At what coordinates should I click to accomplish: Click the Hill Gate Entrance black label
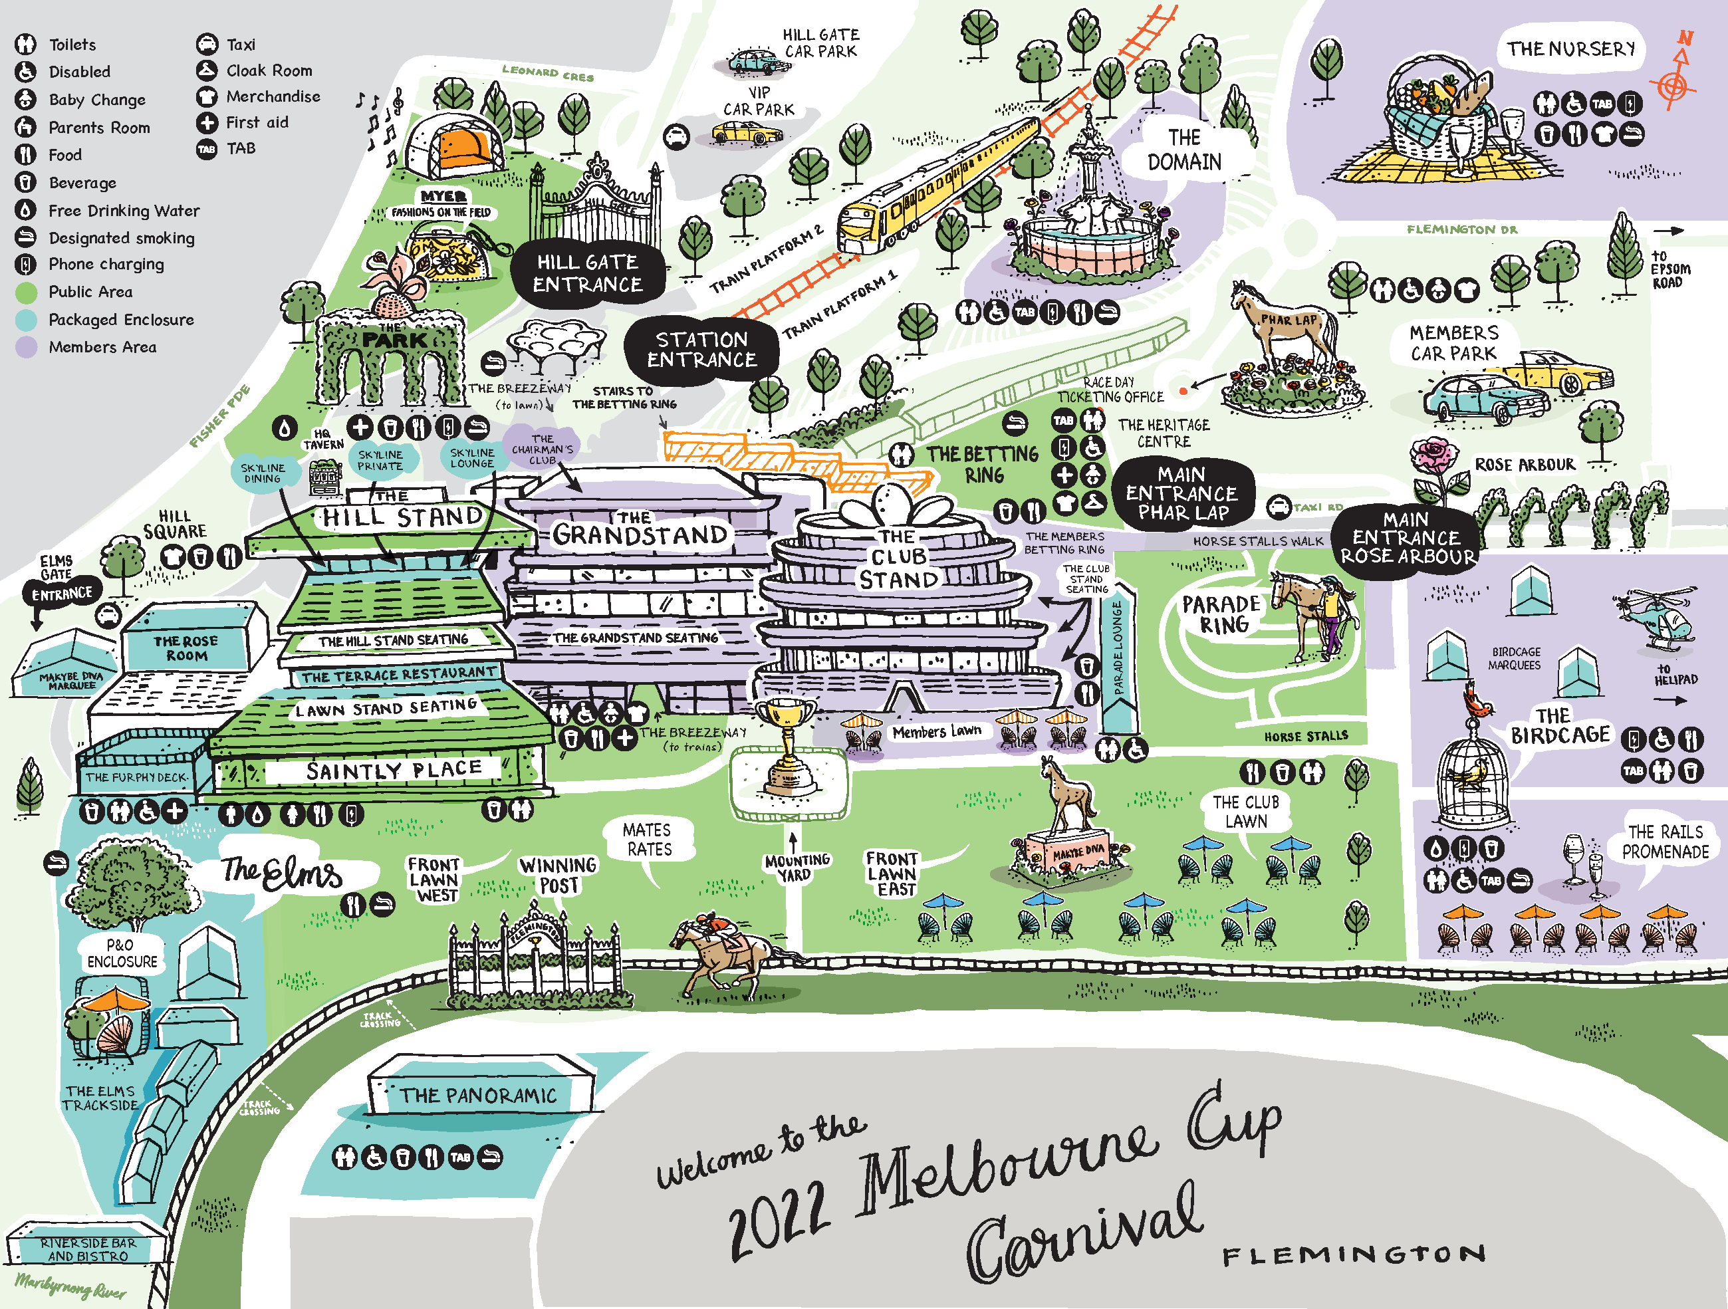pos(588,273)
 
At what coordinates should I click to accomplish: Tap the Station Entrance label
pos(701,349)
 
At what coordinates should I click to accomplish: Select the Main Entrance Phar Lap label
pos(1181,493)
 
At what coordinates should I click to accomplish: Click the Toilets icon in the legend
pos(26,45)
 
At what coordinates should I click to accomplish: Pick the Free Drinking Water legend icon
pos(26,210)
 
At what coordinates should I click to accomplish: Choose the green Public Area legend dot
pos(26,292)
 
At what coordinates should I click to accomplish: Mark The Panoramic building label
pos(478,1096)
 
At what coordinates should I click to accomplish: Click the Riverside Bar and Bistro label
pos(88,1249)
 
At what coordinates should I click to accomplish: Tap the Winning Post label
pos(558,876)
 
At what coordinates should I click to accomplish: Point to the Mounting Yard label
pos(796,868)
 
